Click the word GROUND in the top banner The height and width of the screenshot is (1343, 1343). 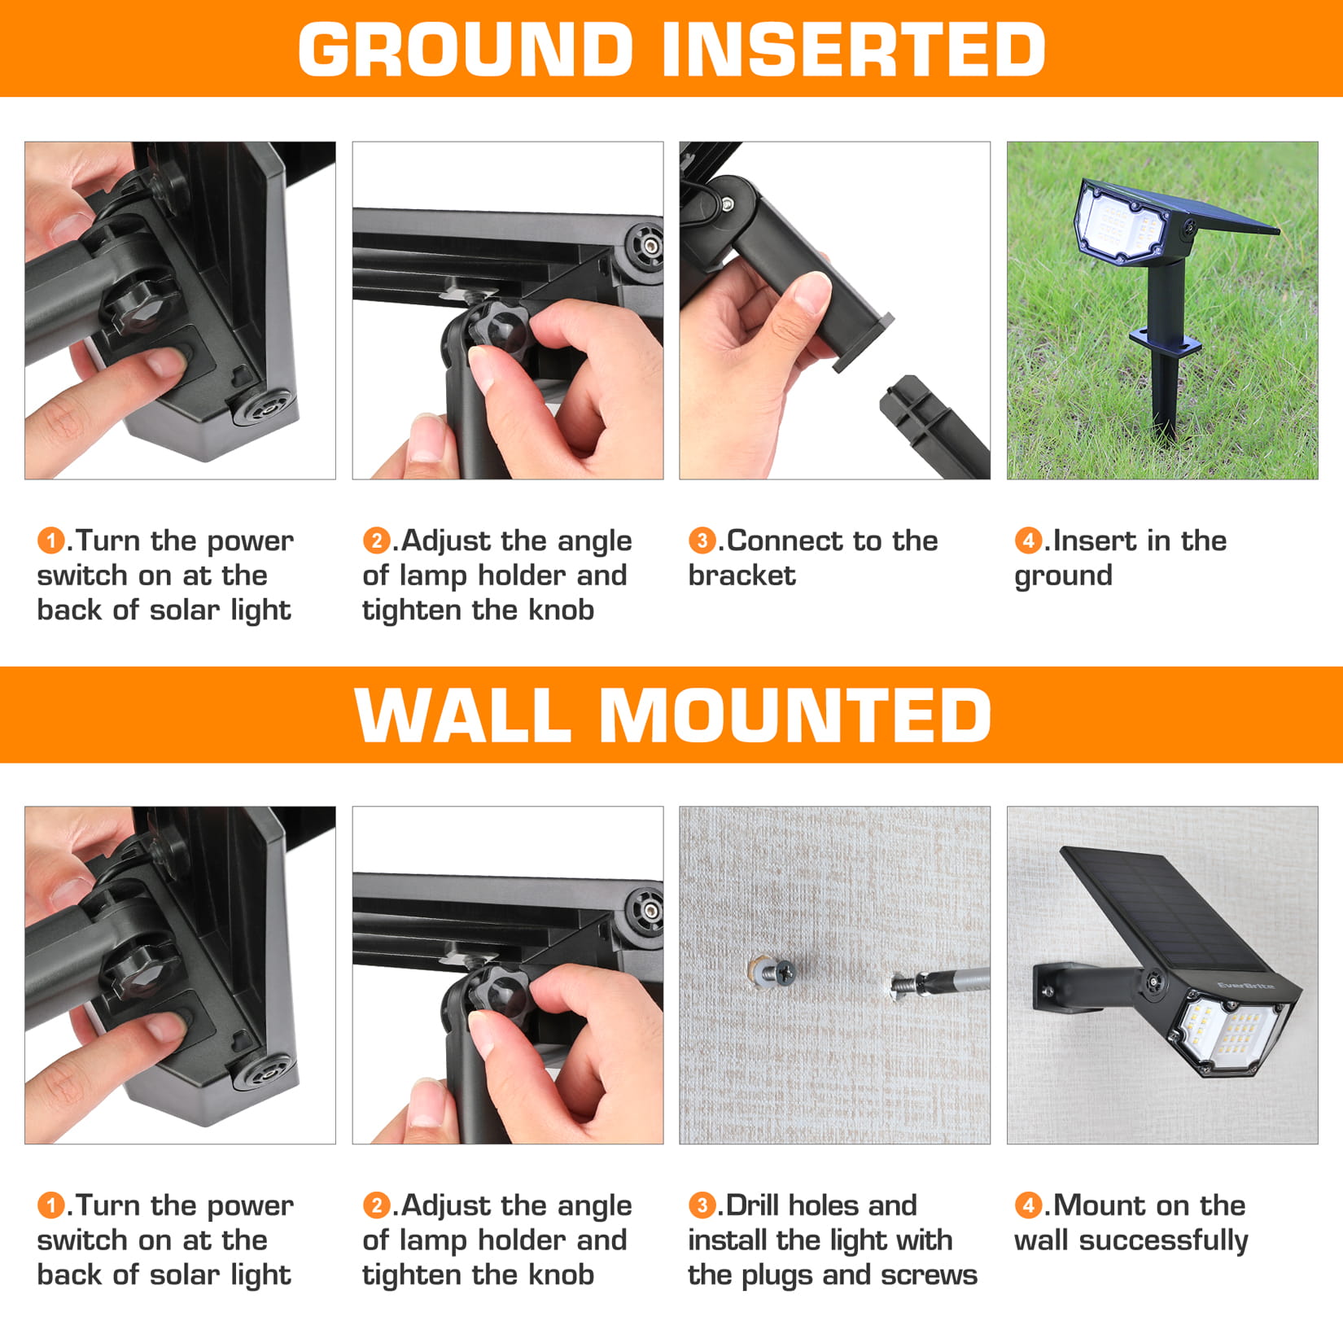click(x=466, y=50)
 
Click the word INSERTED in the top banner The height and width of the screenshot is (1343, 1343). click(x=854, y=50)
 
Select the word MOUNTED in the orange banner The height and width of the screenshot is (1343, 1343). click(x=795, y=715)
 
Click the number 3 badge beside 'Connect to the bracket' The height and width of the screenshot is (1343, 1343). click(x=702, y=540)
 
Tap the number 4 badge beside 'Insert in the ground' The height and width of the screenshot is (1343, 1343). click(x=1028, y=540)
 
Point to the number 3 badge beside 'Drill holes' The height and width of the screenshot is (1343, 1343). click(x=702, y=1205)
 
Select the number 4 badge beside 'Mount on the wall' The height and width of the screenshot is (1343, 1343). click(x=1028, y=1205)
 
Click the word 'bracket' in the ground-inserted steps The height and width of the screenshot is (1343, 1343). click(x=741, y=575)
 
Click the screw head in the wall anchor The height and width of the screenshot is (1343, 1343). click(x=785, y=972)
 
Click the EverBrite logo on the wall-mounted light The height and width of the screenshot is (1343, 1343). click(x=1245, y=987)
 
